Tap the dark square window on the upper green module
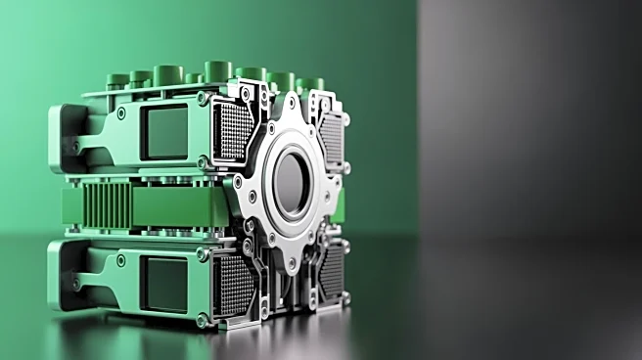[164, 132]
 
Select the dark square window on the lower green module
[164, 283]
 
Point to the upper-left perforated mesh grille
[233, 131]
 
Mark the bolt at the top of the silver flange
[291, 101]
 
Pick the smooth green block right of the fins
[176, 206]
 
